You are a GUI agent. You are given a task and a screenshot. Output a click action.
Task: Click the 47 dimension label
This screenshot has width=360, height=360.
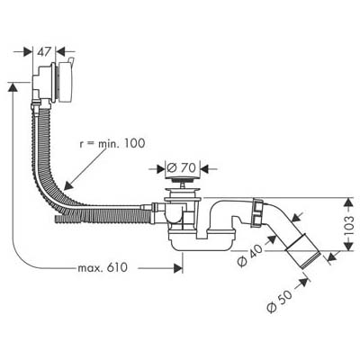click(44, 51)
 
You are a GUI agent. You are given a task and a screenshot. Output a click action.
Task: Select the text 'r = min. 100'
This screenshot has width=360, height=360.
click(112, 143)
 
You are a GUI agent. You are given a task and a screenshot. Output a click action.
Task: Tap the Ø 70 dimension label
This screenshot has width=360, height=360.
click(181, 167)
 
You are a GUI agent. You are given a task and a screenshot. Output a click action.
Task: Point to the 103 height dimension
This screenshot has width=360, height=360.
click(348, 226)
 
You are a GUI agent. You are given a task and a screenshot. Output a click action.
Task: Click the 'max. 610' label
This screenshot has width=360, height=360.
click(103, 267)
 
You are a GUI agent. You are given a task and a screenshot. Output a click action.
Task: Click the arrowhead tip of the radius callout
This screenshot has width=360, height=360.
click(64, 190)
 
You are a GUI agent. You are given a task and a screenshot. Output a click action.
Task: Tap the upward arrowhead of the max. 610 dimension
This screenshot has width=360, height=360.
click(13, 83)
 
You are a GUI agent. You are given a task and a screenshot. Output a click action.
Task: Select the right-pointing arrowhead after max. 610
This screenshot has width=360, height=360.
click(183, 268)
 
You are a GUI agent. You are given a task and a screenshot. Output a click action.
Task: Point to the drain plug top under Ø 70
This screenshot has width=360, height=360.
click(181, 180)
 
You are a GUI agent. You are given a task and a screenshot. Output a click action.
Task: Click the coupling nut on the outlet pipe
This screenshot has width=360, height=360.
click(257, 212)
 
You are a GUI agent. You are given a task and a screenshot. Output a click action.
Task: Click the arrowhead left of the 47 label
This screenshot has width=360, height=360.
click(32, 51)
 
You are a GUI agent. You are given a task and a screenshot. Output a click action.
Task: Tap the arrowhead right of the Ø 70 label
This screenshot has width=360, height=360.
click(201, 168)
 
